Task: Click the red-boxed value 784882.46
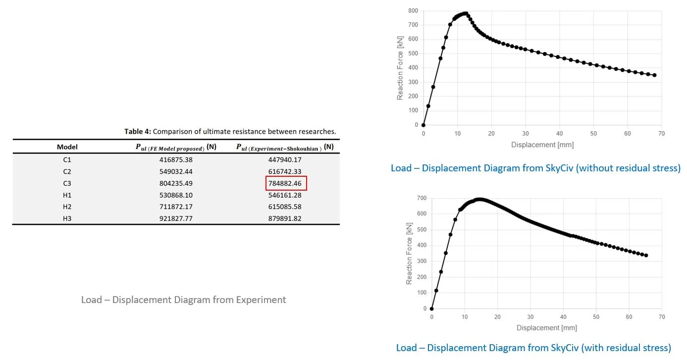click(285, 183)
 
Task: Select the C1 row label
click(67, 160)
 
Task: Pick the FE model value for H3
click(176, 218)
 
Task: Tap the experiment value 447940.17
click(285, 160)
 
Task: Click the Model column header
click(67, 147)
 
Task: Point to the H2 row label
click(67, 206)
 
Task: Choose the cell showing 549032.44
click(176, 171)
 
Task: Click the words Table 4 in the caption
click(137, 132)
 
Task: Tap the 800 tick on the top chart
click(413, 11)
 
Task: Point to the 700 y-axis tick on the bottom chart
click(422, 198)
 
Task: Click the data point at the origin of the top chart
click(423, 125)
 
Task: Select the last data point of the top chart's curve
click(654, 75)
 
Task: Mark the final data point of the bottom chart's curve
click(646, 256)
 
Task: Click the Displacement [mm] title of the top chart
click(542, 145)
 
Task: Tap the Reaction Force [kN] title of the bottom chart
click(409, 254)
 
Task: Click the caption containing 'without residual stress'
click(535, 168)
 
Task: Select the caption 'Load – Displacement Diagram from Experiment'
click(183, 300)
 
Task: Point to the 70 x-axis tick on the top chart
click(662, 134)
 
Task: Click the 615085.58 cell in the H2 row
click(285, 206)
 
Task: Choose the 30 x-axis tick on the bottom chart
click(530, 317)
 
